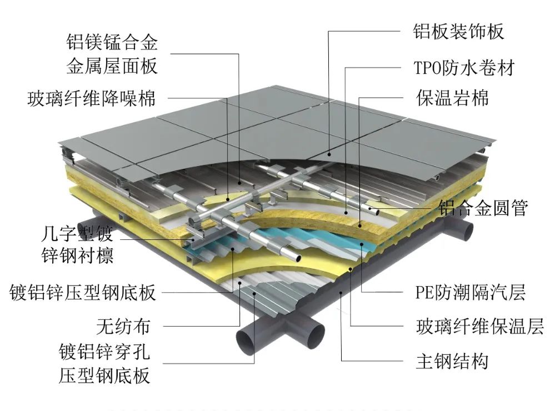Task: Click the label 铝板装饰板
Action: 459,32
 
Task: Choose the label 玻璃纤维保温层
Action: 479,327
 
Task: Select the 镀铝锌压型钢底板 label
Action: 83,292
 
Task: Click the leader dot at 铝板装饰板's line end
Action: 328,154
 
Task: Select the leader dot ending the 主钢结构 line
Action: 340,290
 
